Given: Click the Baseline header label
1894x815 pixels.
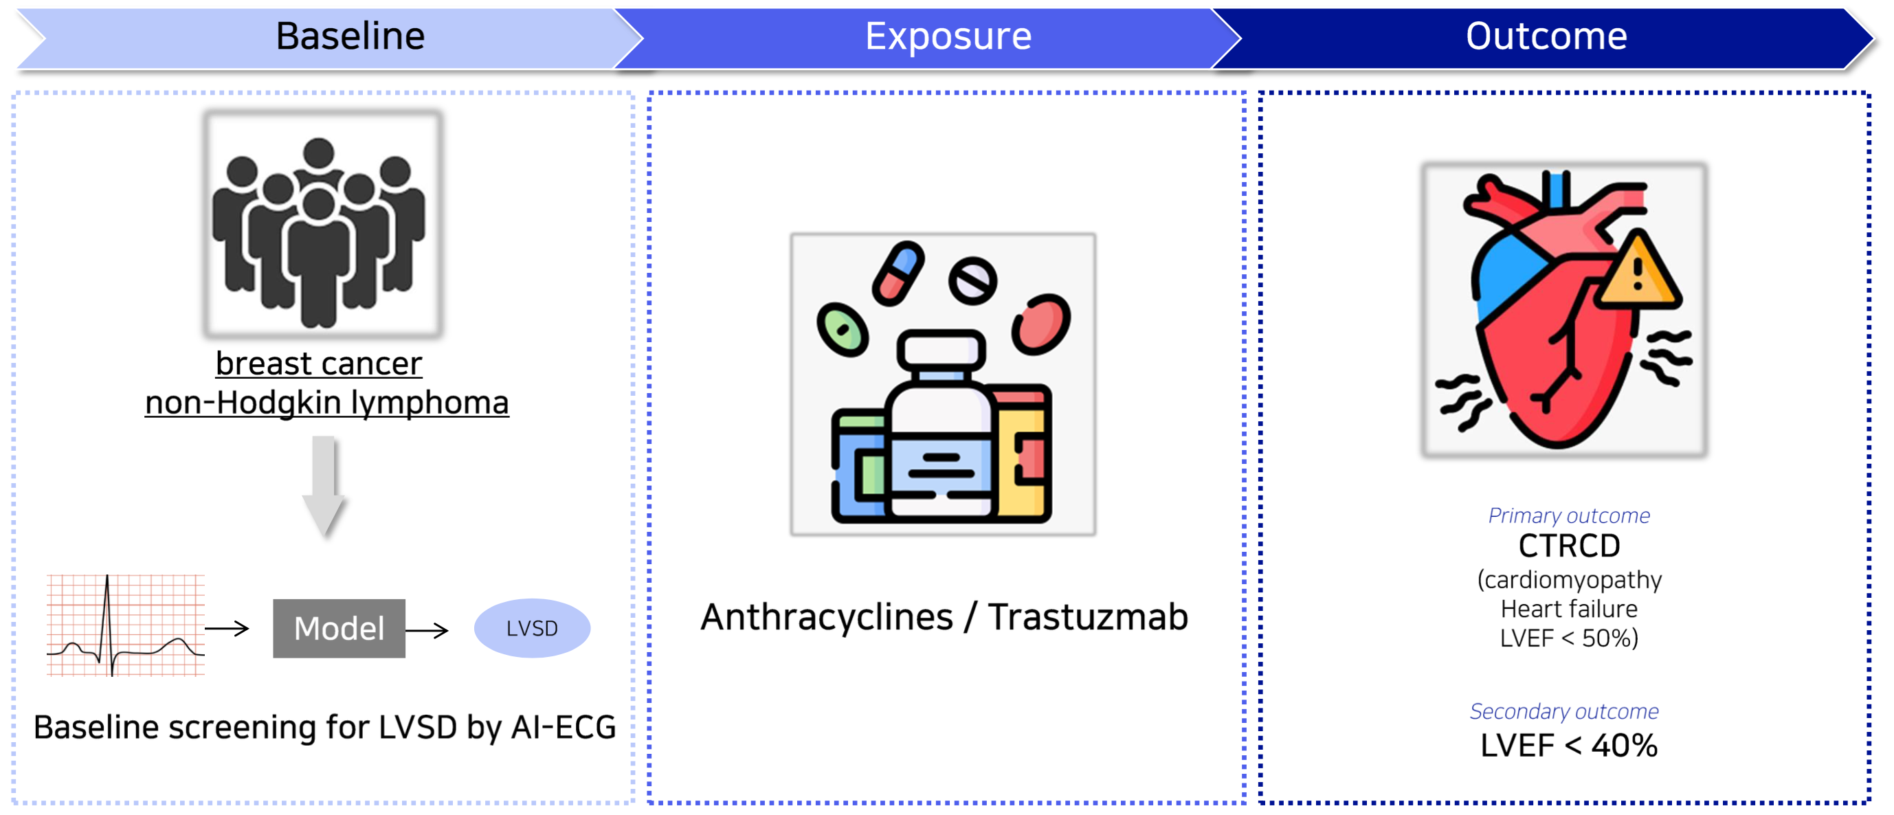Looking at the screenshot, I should tap(350, 36).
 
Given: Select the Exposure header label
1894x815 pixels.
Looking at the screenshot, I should tap(948, 36).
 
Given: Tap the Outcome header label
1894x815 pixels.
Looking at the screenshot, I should tap(1546, 36).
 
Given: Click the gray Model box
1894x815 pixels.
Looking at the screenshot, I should tap(339, 628).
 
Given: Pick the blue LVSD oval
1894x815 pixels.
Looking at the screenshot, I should tap(532, 628).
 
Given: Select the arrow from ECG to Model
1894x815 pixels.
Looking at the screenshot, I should tap(227, 628).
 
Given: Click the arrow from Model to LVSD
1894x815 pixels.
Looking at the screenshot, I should tap(427, 630).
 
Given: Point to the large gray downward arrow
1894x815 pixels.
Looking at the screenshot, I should tap(324, 485).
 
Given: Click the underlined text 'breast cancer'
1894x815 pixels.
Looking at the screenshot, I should tap(319, 364).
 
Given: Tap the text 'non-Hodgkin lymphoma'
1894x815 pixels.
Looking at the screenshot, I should tap(326, 403).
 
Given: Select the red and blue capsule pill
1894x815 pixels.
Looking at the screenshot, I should tap(898, 272).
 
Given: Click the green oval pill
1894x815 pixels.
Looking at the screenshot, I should tap(843, 329).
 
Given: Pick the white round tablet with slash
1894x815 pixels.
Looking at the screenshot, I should tap(972, 281).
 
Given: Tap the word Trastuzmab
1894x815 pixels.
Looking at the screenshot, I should tap(1087, 617).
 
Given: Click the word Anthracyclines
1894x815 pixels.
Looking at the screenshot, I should tap(827, 617).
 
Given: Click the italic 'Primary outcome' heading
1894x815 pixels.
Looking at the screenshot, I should tap(1569, 516).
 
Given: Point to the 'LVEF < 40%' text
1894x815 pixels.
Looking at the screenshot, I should tap(1569, 746).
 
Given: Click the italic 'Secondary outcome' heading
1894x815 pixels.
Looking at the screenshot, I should tap(1564, 711).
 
